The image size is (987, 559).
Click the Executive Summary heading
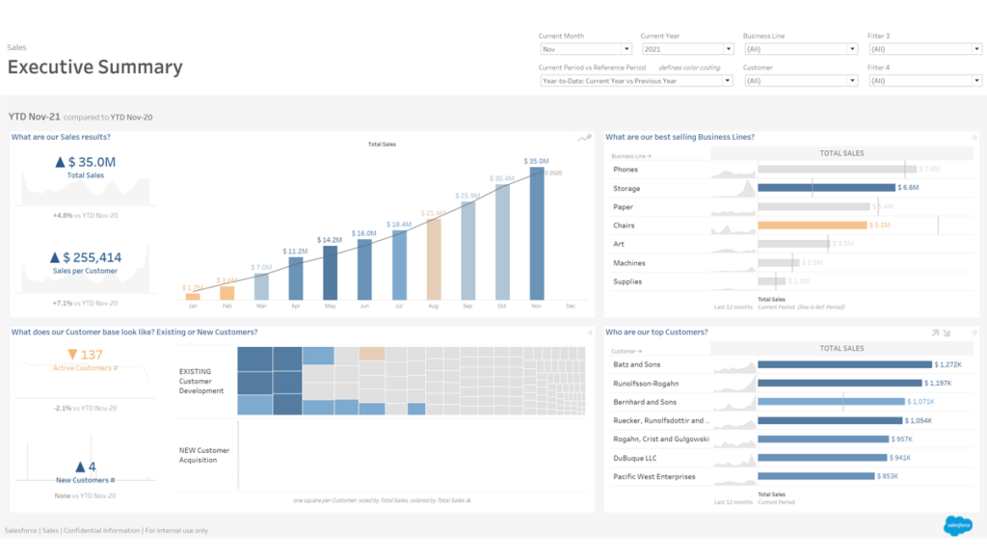(x=94, y=67)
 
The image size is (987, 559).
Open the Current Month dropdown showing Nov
(x=585, y=49)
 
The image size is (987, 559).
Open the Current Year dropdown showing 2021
(x=687, y=49)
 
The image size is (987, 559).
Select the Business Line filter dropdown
(x=800, y=49)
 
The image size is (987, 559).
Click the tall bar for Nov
(x=537, y=233)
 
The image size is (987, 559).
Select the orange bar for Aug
(x=434, y=259)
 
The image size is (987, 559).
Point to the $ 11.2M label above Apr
(x=295, y=251)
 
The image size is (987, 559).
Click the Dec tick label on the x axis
(x=571, y=306)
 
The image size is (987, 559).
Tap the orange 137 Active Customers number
(x=91, y=355)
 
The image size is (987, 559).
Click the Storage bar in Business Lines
(x=826, y=188)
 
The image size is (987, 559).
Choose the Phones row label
(x=627, y=170)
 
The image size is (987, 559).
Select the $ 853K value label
(x=892, y=476)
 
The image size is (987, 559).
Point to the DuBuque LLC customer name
(x=635, y=458)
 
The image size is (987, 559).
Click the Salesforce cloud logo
(x=957, y=525)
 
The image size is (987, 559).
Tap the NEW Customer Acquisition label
(x=204, y=455)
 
